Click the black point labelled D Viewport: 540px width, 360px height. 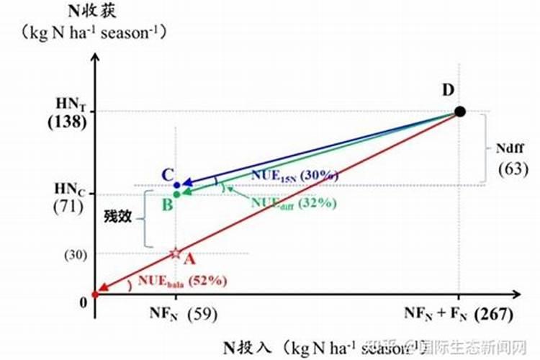tap(460, 112)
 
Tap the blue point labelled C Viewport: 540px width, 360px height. tap(177, 185)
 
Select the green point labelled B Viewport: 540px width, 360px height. tap(177, 194)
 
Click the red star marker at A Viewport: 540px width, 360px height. tap(175, 253)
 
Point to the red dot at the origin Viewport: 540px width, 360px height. tap(95, 294)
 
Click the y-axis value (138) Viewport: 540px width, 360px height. tap(66, 122)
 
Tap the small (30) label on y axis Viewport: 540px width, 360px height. tap(76, 254)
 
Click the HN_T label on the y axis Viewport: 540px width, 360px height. tap(69, 104)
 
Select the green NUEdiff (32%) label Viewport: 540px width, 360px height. tap(294, 202)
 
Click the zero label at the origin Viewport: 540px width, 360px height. tap(83, 302)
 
